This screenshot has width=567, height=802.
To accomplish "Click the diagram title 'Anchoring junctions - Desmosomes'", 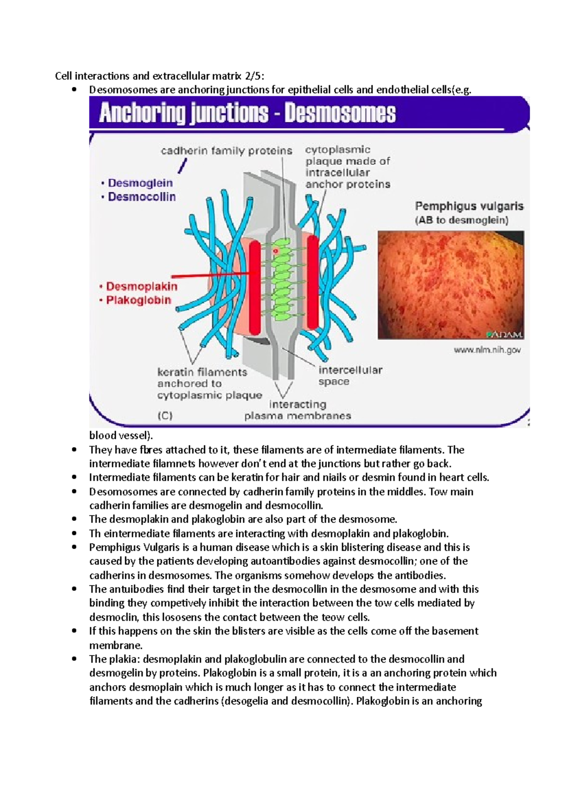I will [247, 114].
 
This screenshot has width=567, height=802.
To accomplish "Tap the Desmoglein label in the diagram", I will [140, 183].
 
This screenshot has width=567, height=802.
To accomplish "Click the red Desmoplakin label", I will [141, 286].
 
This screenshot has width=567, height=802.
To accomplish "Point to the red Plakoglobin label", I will [138, 300].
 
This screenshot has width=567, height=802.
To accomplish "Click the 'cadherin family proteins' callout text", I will [226, 151].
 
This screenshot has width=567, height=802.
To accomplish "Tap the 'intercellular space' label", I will [350, 376].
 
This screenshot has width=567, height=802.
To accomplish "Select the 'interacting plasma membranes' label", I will [298, 410].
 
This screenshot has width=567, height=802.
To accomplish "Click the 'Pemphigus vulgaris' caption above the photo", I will [469, 206].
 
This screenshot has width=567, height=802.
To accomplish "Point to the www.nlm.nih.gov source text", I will [487, 350].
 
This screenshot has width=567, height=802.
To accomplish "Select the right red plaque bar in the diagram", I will [313, 282].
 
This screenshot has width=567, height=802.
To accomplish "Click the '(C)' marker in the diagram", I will [165, 416].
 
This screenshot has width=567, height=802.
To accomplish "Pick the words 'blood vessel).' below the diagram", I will [121, 435].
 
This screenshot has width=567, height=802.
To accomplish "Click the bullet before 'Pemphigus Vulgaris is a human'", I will [74, 547].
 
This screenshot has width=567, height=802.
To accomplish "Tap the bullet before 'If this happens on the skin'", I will [74, 631].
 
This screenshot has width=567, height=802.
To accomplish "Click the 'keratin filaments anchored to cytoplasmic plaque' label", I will [209, 384].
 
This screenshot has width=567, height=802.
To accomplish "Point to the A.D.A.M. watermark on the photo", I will [504, 335].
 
